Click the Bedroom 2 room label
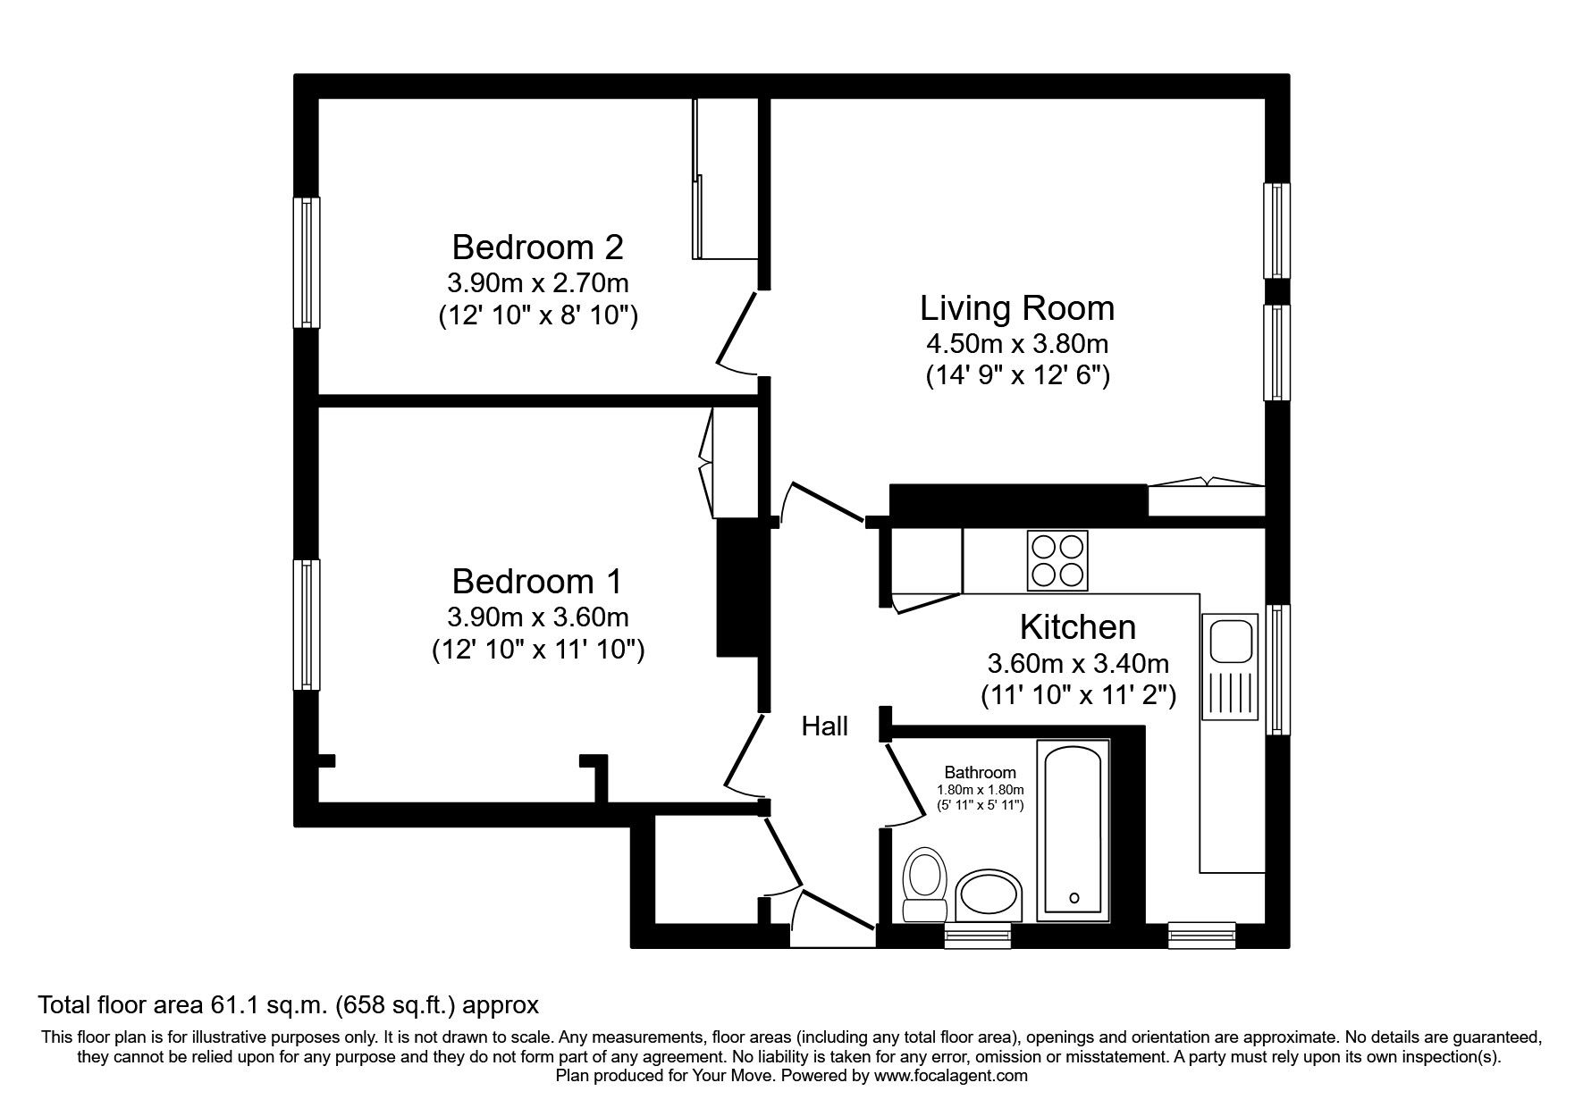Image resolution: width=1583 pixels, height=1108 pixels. point(537,246)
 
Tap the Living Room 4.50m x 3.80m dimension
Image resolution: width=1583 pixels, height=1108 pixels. point(1017,343)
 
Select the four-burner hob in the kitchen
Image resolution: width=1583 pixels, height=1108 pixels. point(1058,560)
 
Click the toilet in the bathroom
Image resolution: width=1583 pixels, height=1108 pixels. point(924,885)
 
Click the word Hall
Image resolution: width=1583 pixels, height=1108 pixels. point(824,726)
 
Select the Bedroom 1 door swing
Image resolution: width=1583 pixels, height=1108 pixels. point(740,755)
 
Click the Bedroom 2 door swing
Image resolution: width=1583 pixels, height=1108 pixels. point(738,332)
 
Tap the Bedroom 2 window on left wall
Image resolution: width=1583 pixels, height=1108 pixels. point(307,262)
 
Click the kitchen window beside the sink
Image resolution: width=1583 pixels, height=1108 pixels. point(1279,669)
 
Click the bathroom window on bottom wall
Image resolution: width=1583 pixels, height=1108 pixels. point(977,936)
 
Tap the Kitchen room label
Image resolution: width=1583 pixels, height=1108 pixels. point(1077,627)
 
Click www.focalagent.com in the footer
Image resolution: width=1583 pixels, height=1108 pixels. point(950,1076)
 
